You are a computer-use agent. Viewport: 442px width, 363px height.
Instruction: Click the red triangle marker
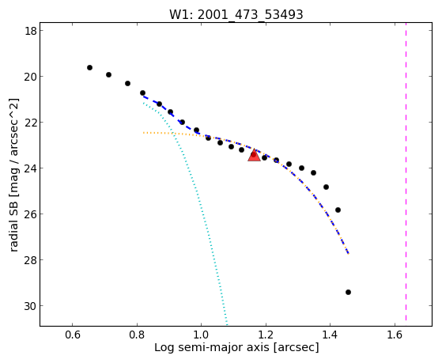click(255, 156)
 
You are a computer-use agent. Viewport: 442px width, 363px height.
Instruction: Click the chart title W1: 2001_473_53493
click(236, 14)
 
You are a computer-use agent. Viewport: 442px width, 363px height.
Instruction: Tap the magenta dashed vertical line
click(406, 172)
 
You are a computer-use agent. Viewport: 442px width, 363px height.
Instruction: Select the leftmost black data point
click(89, 68)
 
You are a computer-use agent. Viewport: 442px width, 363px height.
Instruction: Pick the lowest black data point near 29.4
click(348, 292)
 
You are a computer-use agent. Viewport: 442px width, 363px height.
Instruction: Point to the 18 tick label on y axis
click(31, 31)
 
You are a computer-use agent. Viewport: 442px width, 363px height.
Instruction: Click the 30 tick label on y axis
click(31, 306)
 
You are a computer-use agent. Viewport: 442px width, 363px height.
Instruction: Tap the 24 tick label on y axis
click(31, 168)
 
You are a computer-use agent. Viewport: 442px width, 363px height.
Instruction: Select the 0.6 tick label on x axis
click(73, 335)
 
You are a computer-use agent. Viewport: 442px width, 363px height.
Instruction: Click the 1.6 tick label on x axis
click(395, 335)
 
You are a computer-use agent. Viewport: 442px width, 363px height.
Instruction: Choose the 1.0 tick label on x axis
click(202, 335)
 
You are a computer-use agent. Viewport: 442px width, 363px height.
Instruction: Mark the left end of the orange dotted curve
click(143, 133)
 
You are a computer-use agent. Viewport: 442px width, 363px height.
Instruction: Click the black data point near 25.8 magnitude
click(338, 210)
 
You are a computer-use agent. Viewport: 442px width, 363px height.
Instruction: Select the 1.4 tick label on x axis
click(330, 335)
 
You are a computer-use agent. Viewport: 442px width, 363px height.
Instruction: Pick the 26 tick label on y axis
click(31, 214)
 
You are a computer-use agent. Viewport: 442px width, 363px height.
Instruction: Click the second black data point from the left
click(108, 75)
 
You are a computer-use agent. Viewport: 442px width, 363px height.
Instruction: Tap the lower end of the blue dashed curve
click(349, 254)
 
